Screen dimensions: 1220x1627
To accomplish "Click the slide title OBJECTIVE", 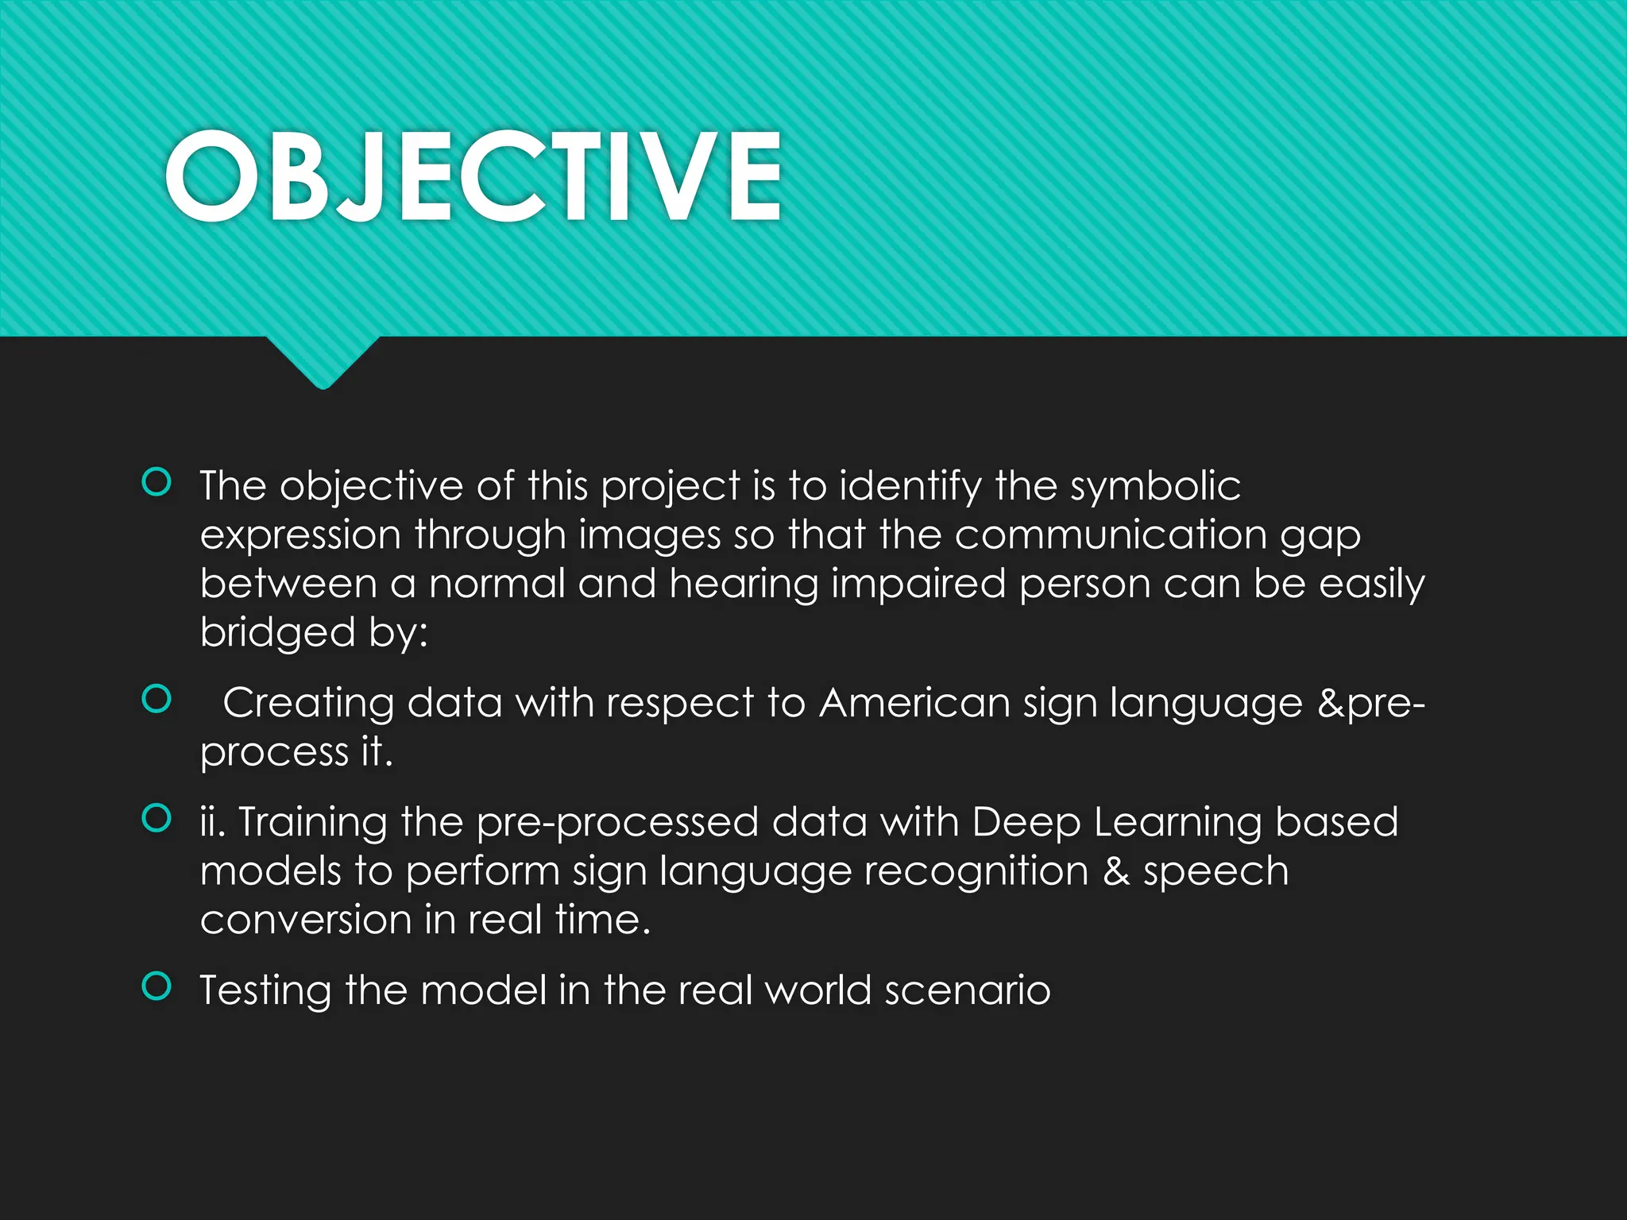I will (x=473, y=176).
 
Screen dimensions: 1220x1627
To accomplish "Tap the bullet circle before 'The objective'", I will (x=157, y=482).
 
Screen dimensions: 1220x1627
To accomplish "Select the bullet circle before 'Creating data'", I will (x=157, y=699).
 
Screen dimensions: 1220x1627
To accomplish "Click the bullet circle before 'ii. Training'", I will (x=157, y=818).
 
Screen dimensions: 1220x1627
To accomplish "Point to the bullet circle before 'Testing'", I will (x=157, y=986).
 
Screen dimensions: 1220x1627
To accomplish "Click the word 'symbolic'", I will (x=1155, y=486).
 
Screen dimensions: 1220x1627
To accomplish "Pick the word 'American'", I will (x=914, y=704).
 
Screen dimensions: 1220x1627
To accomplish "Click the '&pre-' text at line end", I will (x=1371, y=704).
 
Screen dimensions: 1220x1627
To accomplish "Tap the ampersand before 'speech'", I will (x=1116, y=871).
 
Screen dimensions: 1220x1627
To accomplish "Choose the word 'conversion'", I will (x=305, y=921).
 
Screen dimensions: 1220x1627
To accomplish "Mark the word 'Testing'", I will (x=265, y=991).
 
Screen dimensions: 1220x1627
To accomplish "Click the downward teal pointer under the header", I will (x=323, y=361).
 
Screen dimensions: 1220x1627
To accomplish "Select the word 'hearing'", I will (x=744, y=584).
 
